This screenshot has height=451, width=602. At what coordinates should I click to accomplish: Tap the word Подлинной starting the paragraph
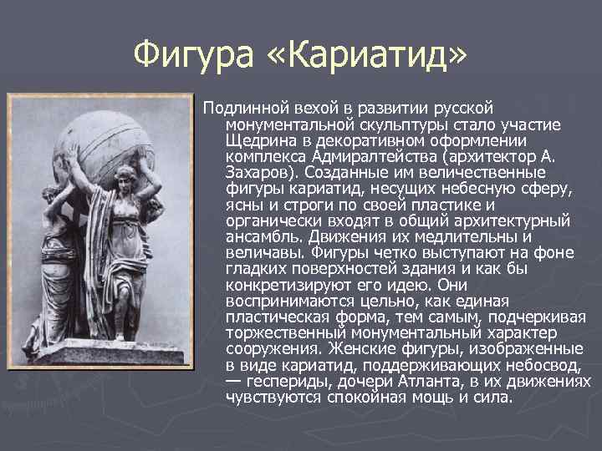coord(243,108)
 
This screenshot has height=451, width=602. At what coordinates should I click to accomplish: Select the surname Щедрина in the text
coord(259,139)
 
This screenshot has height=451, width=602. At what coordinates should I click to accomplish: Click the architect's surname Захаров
coord(258,171)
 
